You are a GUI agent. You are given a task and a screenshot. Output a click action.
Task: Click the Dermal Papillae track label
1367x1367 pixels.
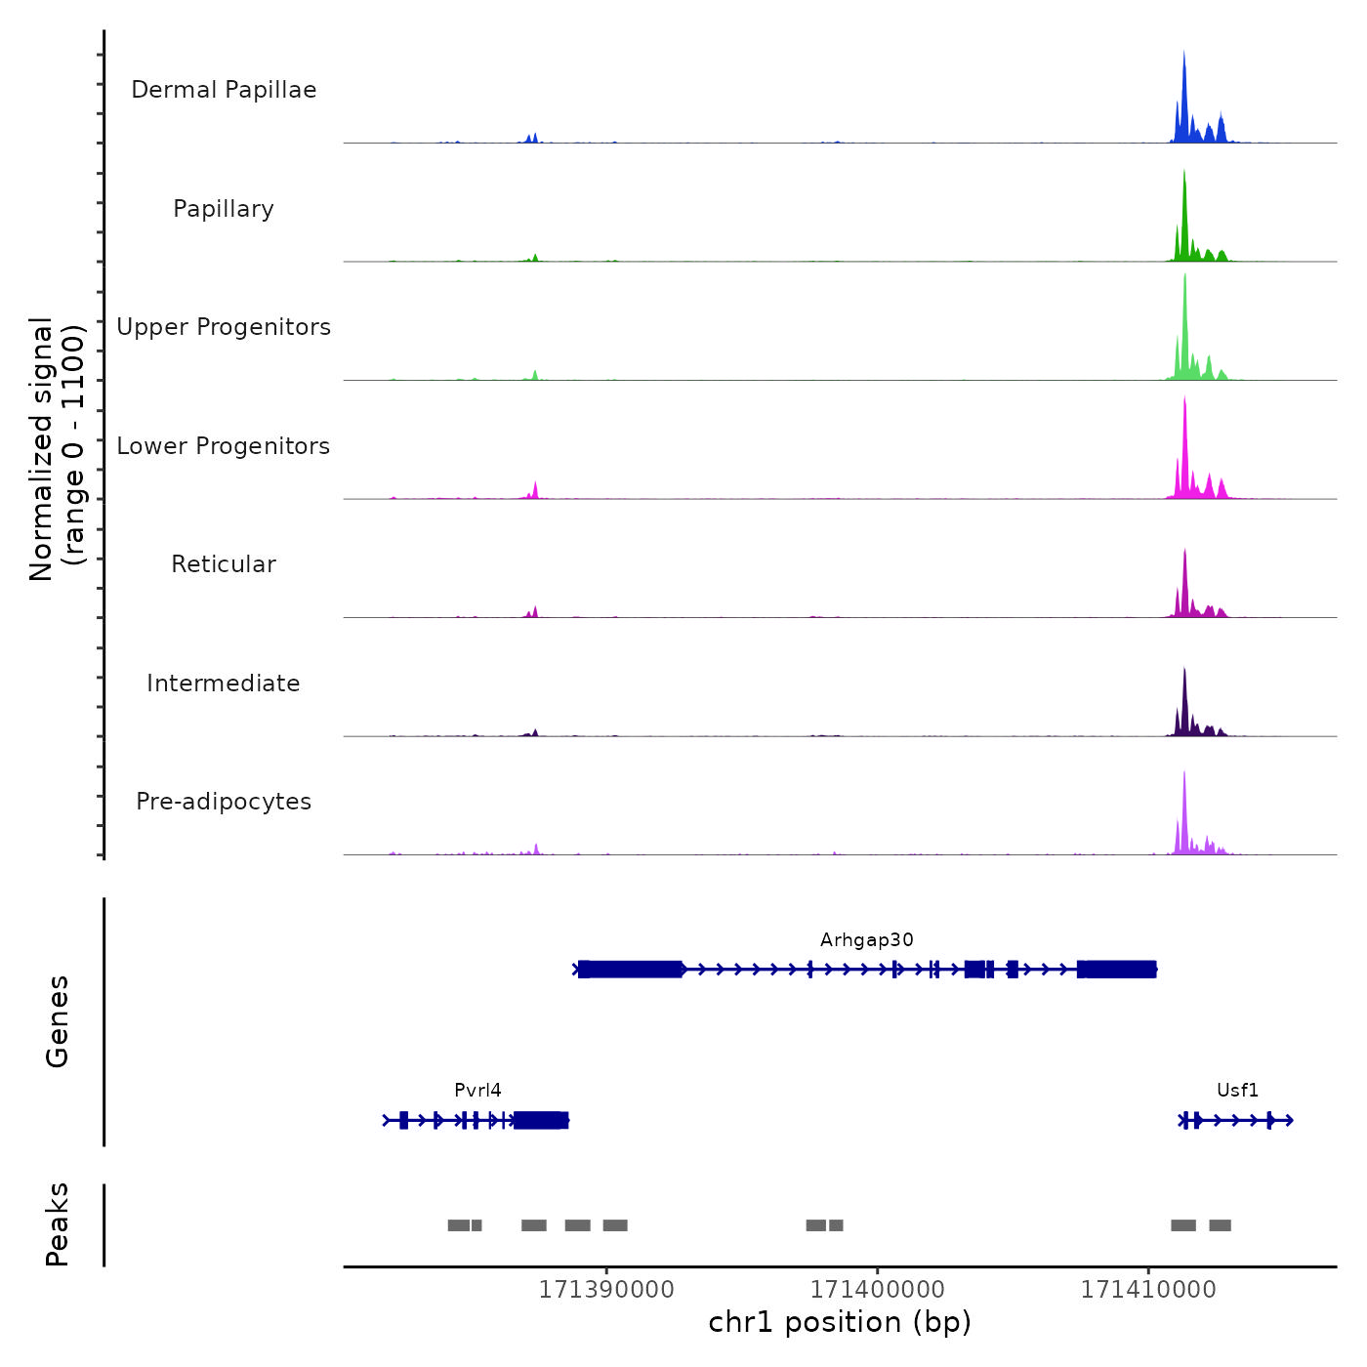point(224,90)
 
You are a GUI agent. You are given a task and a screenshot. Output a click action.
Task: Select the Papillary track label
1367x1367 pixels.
point(224,209)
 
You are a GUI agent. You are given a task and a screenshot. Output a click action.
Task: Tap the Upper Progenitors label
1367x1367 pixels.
point(224,327)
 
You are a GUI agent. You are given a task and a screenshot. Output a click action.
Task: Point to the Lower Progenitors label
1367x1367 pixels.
point(224,446)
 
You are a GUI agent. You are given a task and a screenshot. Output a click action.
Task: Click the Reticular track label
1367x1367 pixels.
point(224,564)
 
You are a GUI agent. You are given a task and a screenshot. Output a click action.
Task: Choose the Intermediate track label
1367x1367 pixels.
point(224,683)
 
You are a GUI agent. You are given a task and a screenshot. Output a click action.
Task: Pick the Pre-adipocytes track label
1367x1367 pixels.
point(224,802)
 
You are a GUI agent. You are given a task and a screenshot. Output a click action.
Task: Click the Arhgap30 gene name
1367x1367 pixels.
point(867,940)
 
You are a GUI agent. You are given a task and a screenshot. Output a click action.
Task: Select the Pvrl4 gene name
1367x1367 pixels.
point(477,1091)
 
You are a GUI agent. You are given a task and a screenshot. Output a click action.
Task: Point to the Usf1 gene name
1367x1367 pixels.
point(1237,1091)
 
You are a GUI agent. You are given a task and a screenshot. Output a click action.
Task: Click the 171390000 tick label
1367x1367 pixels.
point(606,1290)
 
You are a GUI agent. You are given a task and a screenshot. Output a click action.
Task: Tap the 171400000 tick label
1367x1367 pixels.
point(877,1290)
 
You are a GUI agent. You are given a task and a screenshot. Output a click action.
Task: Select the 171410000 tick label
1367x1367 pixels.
point(1148,1290)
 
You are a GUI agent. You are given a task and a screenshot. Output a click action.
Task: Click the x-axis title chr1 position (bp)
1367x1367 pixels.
point(840,1323)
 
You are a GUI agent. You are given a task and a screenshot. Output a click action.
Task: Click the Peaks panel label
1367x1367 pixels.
point(58,1224)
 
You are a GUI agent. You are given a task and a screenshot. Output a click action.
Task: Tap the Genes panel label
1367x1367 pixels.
point(58,1021)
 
